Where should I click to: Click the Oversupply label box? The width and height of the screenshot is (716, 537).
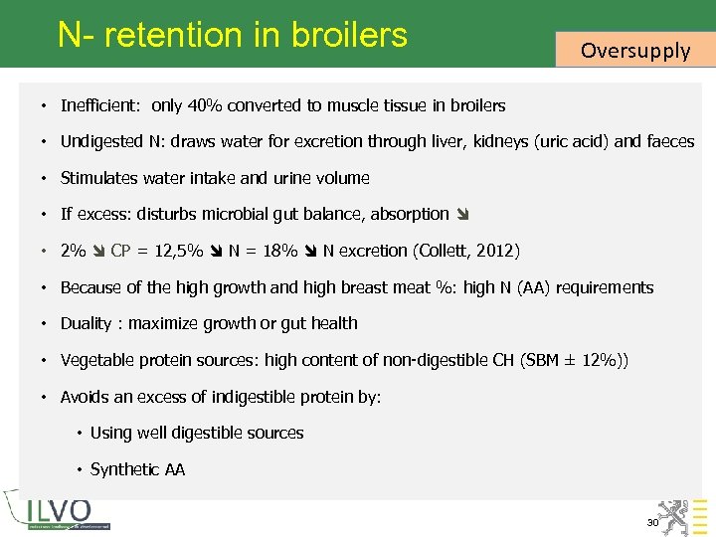click(x=634, y=50)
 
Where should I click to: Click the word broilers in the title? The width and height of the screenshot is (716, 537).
click(x=349, y=35)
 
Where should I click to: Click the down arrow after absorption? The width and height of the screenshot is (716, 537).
click(x=461, y=214)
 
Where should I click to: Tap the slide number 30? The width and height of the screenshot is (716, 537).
click(x=653, y=522)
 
